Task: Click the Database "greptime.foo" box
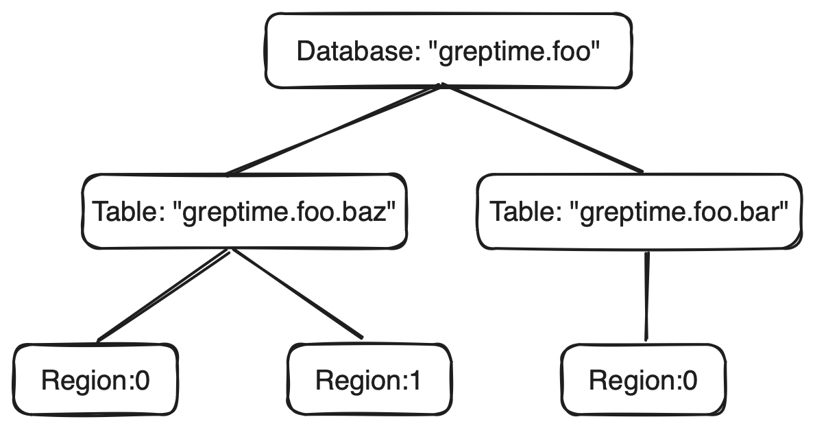[x=447, y=52]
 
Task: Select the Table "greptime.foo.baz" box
[x=244, y=211]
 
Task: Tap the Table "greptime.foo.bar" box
[x=639, y=211]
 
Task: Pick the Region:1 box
[x=369, y=379]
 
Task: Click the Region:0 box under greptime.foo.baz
[x=95, y=379]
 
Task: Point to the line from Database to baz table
[x=336, y=130]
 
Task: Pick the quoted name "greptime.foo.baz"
[x=287, y=211]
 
